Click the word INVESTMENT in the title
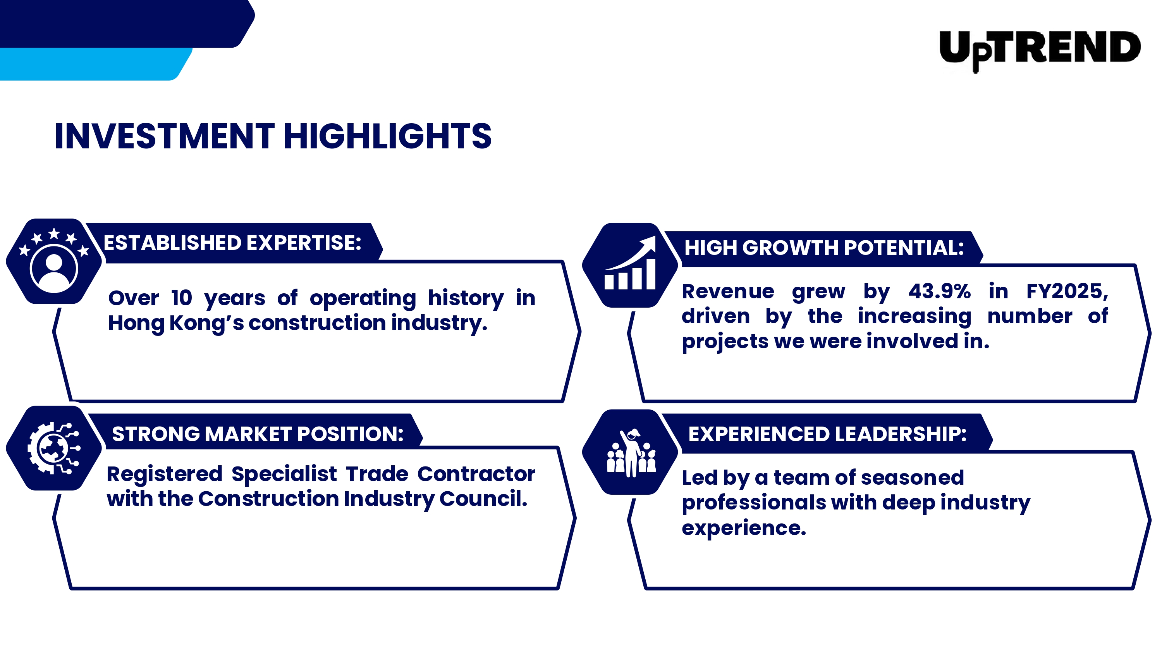coord(164,136)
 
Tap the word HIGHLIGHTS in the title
coord(387,136)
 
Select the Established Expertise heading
coord(232,243)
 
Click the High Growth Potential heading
coord(824,248)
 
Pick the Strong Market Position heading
coord(258,434)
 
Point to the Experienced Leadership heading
coord(827,434)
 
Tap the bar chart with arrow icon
coord(630,263)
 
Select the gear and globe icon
coord(54,448)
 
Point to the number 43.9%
coord(939,292)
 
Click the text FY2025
coord(1067,292)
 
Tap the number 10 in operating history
coord(181,298)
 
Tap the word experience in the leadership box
coord(744,528)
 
